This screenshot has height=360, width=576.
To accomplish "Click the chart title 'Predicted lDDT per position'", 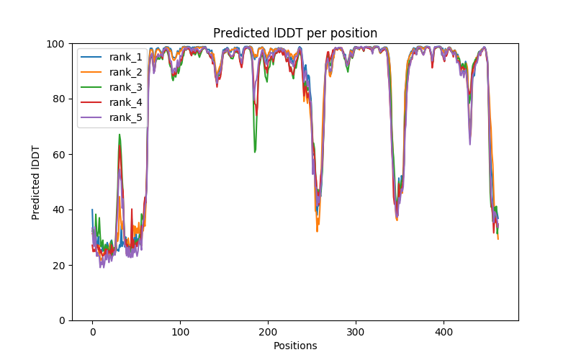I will click(x=294, y=33).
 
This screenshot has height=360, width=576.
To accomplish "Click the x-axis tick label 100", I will click(x=180, y=331).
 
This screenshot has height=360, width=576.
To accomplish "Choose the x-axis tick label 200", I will click(x=268, y=331).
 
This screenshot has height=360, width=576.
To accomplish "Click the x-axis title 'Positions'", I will click(x=295, y=346).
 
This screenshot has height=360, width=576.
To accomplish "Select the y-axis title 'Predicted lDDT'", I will click(x=36, y=181).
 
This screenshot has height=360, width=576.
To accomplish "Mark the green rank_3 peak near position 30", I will click(x=120, y=135).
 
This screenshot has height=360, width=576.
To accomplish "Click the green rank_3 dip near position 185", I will click(x=255, y=151).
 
